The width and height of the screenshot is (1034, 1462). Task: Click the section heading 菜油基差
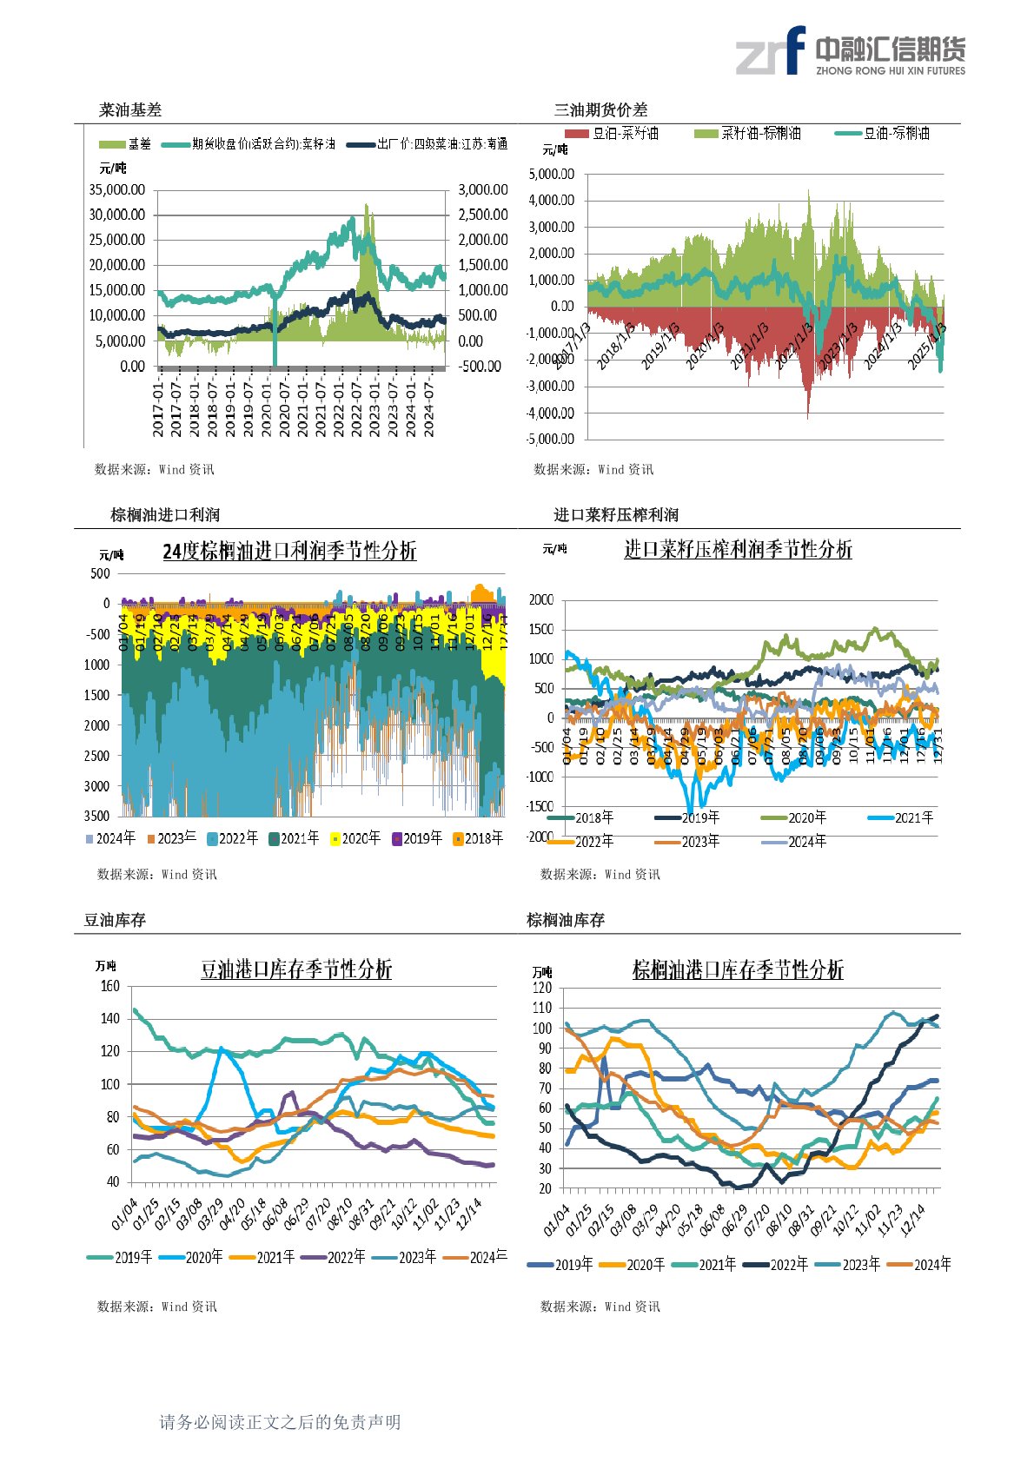pyautogui.click(x=130, y=110)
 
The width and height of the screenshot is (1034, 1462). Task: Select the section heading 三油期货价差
pyautogui.click(x=600, y=110)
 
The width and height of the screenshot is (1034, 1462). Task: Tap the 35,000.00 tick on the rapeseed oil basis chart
pyautogui.click(x=117, y=189)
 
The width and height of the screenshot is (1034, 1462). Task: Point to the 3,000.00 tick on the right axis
pyautogui.click(x=483, y=189)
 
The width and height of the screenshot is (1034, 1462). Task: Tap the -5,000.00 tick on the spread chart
pyautogui.click(x=550, y=439)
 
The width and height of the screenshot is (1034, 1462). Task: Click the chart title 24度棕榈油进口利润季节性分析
pyautogui.click(x=289, y=551)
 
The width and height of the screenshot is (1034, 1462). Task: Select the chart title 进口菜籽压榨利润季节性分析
pyautogui.click(x=738, y=549)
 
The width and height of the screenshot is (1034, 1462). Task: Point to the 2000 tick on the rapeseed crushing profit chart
pyautogui.click(x=541, y=600)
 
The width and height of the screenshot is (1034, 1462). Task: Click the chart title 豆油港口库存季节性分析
pyautogui.click(x=296, y=969)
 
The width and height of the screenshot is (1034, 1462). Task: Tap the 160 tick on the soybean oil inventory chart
pyautogui.click(x=110, y=986)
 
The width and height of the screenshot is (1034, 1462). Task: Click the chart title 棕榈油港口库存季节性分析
pyautogui.click(x=738, y=969)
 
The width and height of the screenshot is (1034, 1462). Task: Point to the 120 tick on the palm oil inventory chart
pyautogui.click(x=541, y=988)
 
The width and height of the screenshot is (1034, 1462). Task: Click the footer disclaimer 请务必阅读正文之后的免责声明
pyautogui.click(x=280, y=1422)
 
